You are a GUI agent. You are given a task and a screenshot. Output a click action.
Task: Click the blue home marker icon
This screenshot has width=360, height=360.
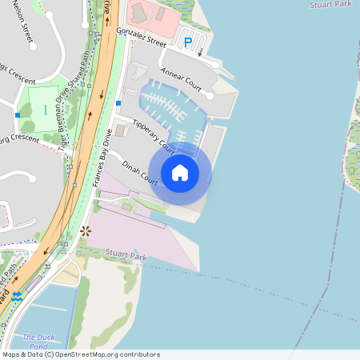pos(180,172)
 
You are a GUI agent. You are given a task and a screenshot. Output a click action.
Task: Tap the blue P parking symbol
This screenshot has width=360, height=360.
pos(188,42)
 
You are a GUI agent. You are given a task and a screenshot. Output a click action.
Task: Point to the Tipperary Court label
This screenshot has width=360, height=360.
pos(154,136)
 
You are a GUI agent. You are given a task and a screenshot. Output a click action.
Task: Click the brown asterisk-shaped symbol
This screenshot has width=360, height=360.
pos(86,230)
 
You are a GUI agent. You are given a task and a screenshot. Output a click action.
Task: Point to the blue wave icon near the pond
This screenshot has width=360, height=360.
pos(17,297)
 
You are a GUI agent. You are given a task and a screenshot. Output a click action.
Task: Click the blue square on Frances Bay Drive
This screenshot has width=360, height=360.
pos(118,103)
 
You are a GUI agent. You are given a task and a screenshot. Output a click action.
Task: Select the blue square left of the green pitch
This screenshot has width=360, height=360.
pos(17,115)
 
